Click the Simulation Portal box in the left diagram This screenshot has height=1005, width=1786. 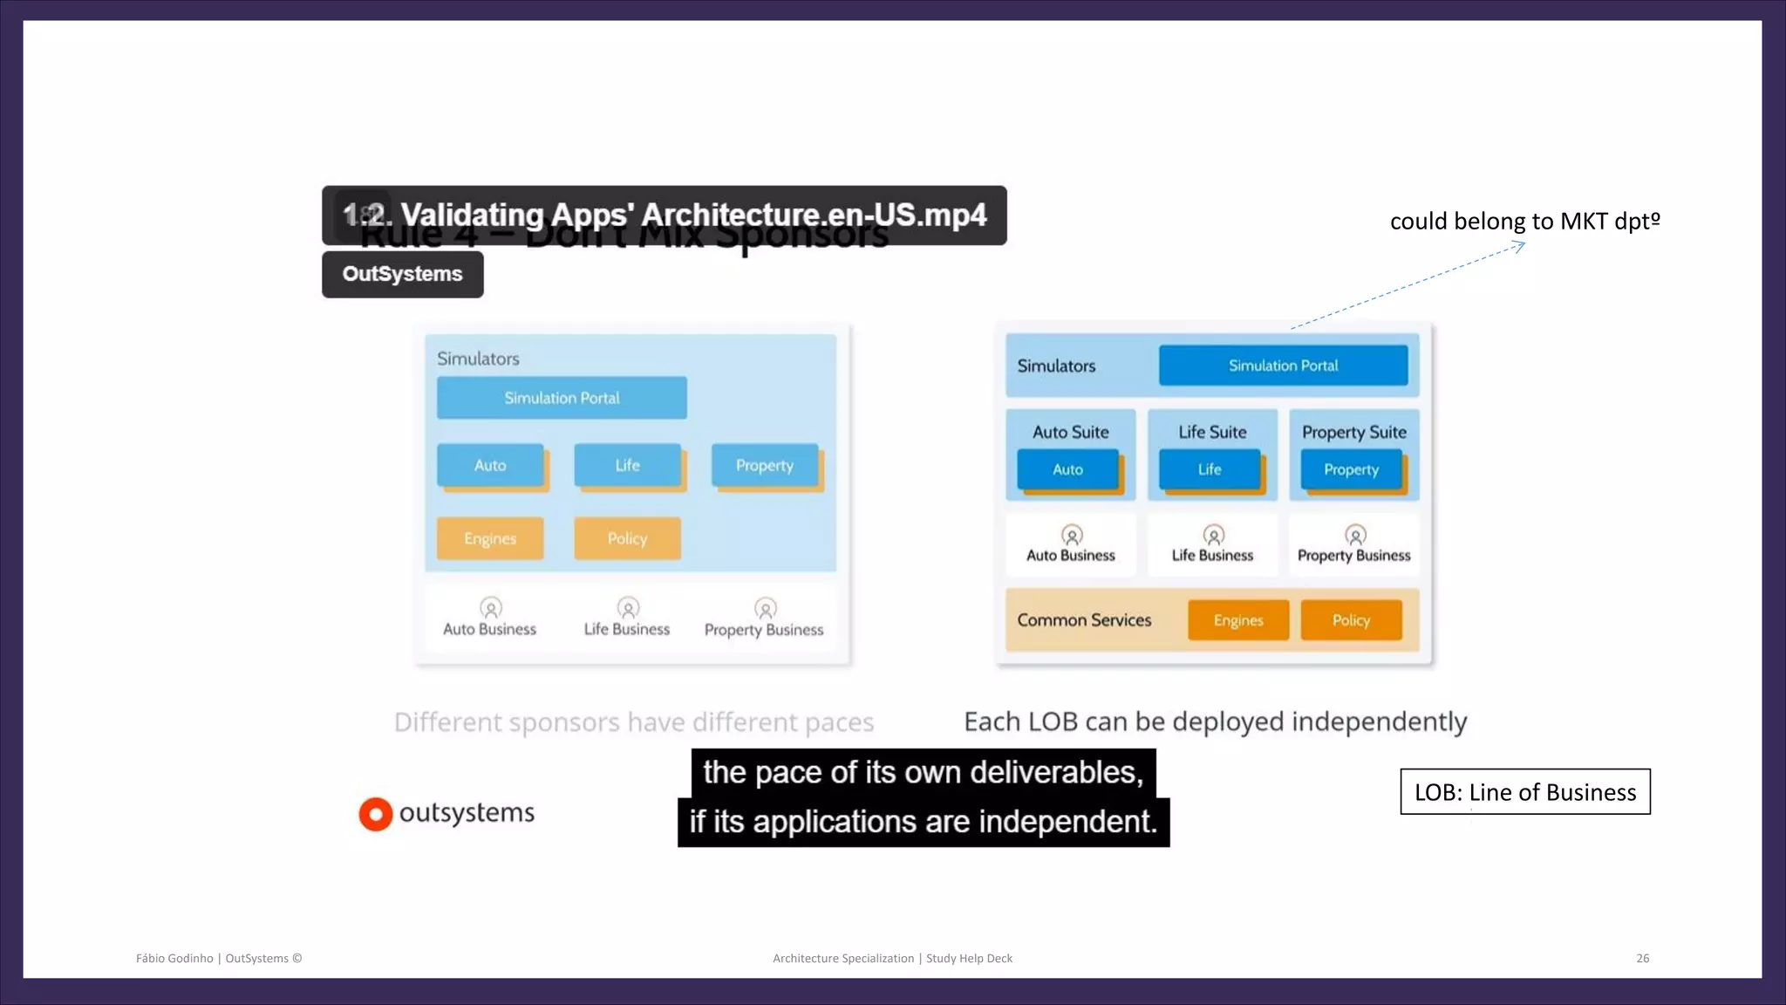562,398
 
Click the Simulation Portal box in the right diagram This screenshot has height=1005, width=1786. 1283,366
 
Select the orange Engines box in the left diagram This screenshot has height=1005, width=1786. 490,538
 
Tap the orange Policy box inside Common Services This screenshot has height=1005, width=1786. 1351,620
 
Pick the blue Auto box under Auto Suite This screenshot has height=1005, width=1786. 1067,469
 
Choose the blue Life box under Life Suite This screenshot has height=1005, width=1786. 1210,469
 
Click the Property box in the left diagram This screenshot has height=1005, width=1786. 765,465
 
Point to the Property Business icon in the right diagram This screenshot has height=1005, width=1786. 1355,535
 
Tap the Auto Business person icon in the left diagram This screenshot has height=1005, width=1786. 491,607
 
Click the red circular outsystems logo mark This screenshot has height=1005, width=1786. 376,814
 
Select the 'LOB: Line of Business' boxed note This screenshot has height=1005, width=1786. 1525,792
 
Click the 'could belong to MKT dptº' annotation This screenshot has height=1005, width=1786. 1524,221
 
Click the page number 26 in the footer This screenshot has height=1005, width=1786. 1642,958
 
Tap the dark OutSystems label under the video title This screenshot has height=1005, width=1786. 402,274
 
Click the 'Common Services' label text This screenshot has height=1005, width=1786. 1084,620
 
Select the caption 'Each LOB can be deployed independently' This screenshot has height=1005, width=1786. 1215,721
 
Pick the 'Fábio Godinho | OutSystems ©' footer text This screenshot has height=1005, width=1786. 219,958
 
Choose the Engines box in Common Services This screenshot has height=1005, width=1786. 1238,620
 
